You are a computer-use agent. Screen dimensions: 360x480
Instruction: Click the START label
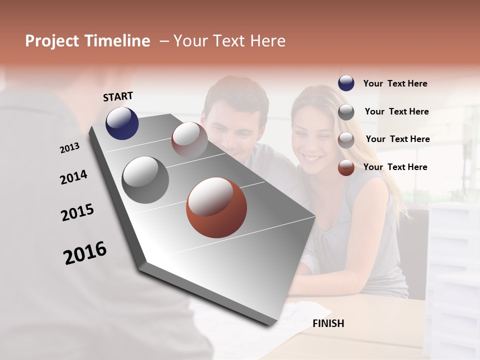click(118, 96)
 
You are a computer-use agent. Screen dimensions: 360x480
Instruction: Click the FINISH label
click(328, 323)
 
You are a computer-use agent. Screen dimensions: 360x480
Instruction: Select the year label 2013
click(69, 148)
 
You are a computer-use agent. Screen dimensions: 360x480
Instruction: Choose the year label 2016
click(85, 253)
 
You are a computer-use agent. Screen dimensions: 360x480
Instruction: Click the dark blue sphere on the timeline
click(122, 123)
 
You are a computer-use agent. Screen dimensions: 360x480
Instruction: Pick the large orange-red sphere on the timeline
click(216, 207)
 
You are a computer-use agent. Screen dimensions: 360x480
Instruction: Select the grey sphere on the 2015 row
click(145, 180)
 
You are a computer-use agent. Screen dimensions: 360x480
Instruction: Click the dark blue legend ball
click(346, 83)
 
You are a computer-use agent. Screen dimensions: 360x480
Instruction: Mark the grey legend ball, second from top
click(346, 111)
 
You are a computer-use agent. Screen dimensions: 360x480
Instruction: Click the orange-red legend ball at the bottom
click(346, 167)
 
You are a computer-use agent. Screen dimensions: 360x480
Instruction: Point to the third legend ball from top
click(346, 139)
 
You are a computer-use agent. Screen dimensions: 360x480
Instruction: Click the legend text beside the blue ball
click(395, 83)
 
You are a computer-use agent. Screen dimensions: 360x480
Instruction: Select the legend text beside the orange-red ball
click(395, 167)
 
